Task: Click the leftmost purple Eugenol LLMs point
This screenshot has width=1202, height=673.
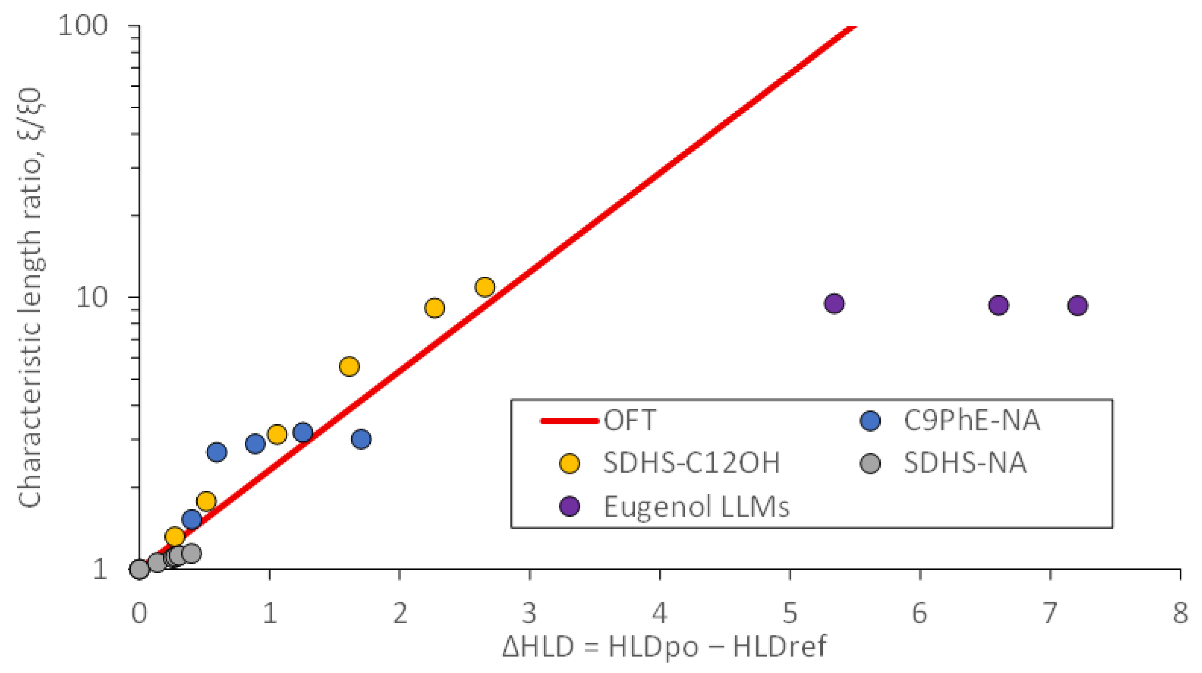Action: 834,303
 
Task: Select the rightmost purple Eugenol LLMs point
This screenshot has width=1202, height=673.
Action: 1078,306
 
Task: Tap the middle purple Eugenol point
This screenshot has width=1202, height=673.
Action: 998,305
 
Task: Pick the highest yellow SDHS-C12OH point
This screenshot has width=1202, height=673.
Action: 485,287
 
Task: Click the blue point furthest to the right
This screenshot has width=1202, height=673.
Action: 361,439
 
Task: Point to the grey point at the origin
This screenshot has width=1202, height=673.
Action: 139,569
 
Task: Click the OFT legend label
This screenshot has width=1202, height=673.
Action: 630,421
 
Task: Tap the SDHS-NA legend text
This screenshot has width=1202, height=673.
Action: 965,463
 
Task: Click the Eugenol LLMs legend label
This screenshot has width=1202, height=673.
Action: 696,506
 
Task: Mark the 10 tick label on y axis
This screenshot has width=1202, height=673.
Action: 91,297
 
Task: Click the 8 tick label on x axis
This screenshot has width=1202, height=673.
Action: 1180,613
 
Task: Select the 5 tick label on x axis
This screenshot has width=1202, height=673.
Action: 790,613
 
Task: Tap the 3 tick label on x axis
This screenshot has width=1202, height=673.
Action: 529,613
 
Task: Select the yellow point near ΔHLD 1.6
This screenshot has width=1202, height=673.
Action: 349,366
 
